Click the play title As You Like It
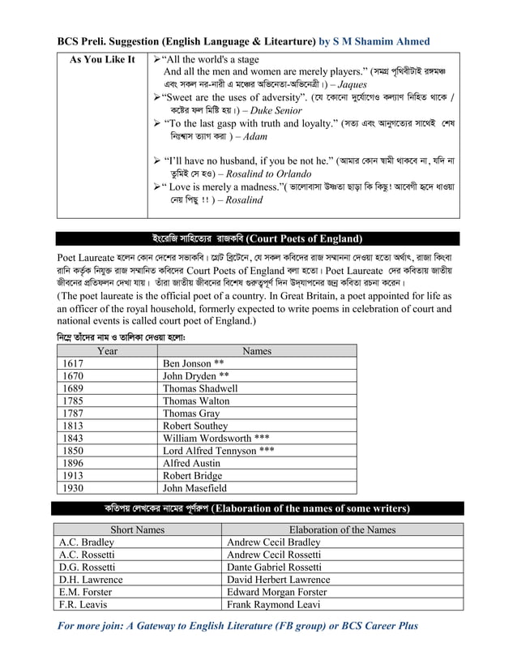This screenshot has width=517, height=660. pyautogui.click(x=102, y=60)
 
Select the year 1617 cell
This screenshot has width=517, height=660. pyautogui.click(x=73, y=364)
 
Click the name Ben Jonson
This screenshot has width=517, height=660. pyautogui.click(x=188, y=364)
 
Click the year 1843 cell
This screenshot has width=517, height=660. pyautogui.click(x=73, y=438)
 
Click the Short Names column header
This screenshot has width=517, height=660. pyautogui.click(x=137, y=529)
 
